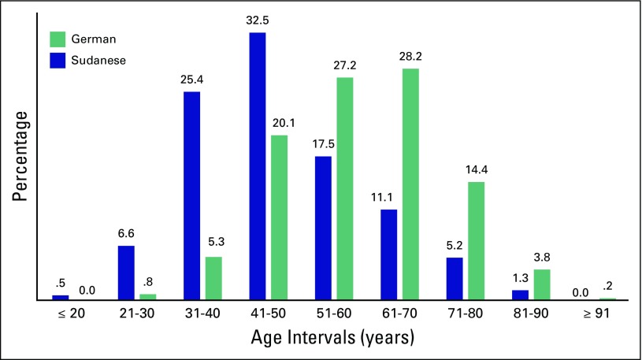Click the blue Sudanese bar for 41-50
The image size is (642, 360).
tap(257, 166)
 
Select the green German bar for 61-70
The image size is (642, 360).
tap(410, 184)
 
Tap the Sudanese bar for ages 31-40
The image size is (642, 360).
tap(192, 196)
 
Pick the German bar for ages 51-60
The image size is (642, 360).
tap(344, 188)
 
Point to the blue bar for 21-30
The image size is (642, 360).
tap(127, 273)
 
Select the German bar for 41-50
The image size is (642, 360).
tap(279, 217)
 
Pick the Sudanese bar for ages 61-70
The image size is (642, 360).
tap(388, 254)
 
